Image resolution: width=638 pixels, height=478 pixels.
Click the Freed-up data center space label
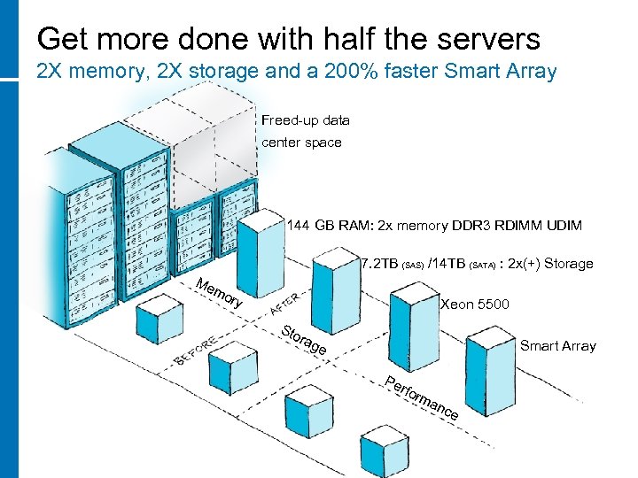[x=306, y=131]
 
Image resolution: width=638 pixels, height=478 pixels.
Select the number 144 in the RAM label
[x=299, y=226]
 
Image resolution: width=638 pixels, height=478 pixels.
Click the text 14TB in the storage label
[x=447, y=264]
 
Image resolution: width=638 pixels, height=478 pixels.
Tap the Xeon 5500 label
[x=475, y=305]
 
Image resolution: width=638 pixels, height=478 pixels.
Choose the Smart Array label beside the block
[x=557, y=346]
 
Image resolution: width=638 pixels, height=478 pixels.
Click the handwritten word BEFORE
[x=196, y=350]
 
